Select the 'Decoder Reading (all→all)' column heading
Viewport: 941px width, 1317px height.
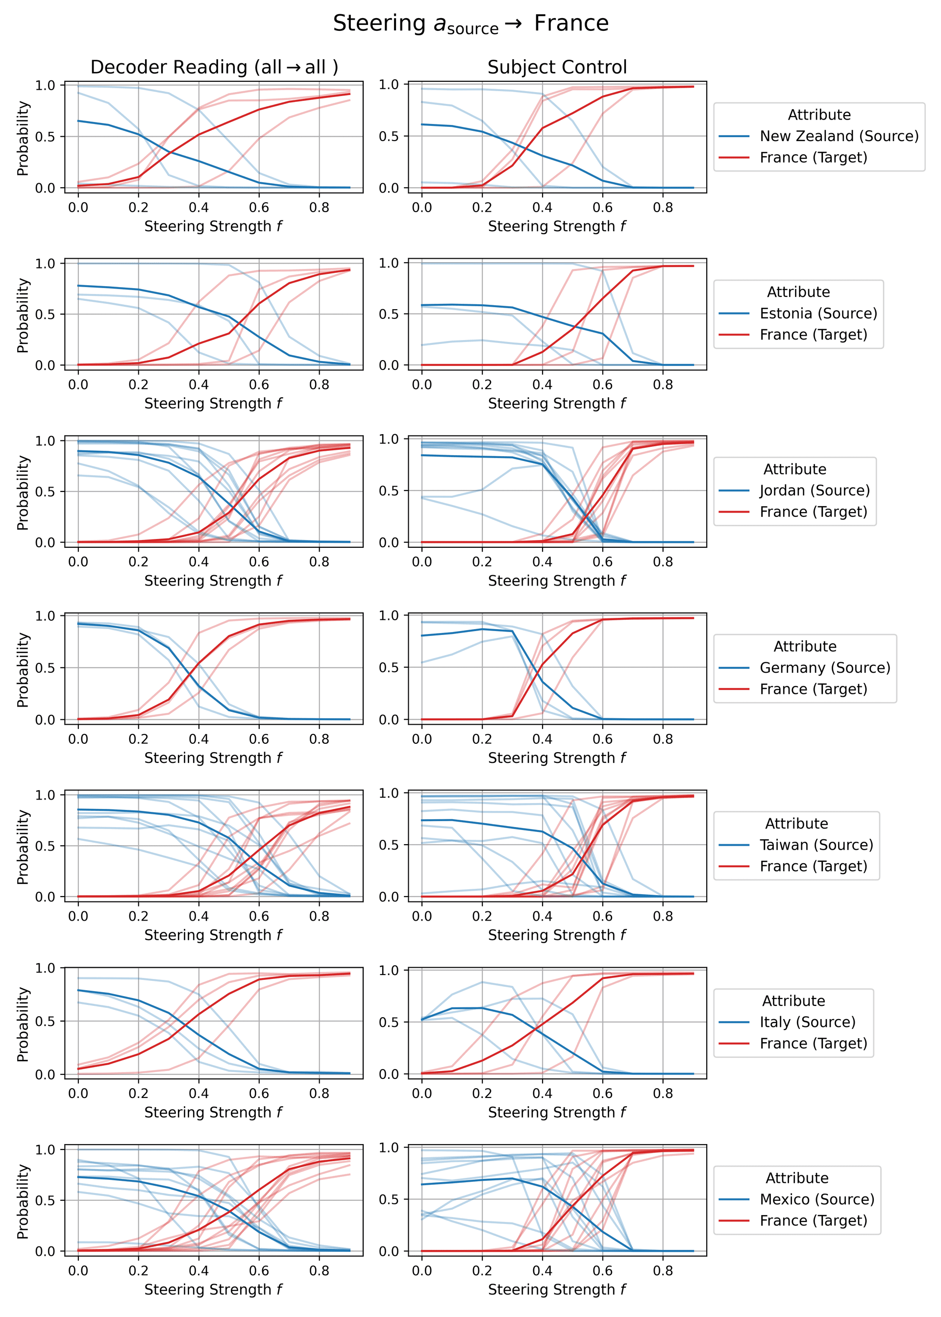[214, 67]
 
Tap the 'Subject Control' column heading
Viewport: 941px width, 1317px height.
[557, 67]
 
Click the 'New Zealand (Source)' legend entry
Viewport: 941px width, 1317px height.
[839, 136]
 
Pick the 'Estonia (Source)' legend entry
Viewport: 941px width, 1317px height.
[818, 313]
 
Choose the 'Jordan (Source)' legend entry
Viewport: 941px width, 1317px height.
[815, 490]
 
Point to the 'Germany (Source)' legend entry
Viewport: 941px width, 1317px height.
[824, 668]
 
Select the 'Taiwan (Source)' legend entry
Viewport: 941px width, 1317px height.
[816, 845]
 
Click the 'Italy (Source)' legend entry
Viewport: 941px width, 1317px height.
[807, 1022]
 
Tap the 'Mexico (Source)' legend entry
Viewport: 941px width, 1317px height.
[817, 1199]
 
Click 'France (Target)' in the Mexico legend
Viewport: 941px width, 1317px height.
[813, 1221]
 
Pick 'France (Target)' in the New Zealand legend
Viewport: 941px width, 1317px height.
[813, 158]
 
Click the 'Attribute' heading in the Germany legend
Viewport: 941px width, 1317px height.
[805, 646]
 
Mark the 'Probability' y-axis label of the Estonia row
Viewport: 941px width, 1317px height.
[23, 316]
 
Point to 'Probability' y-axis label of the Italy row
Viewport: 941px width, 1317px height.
[23, 1024]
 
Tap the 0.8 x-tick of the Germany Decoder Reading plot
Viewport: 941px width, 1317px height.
[319, 739]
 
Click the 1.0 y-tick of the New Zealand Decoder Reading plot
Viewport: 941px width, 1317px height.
[45, 85]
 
